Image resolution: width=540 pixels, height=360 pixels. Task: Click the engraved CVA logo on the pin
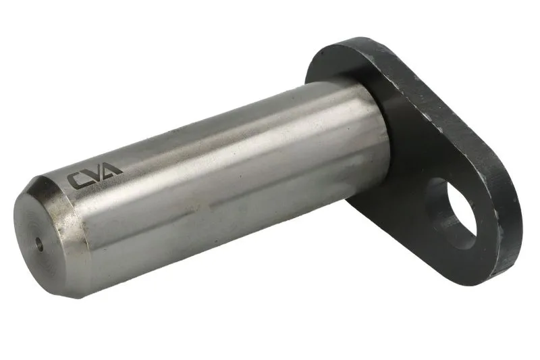(94, 175)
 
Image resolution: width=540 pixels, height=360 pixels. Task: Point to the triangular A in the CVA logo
(113, 169)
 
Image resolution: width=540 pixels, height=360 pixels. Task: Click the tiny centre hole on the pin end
(40, 244)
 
